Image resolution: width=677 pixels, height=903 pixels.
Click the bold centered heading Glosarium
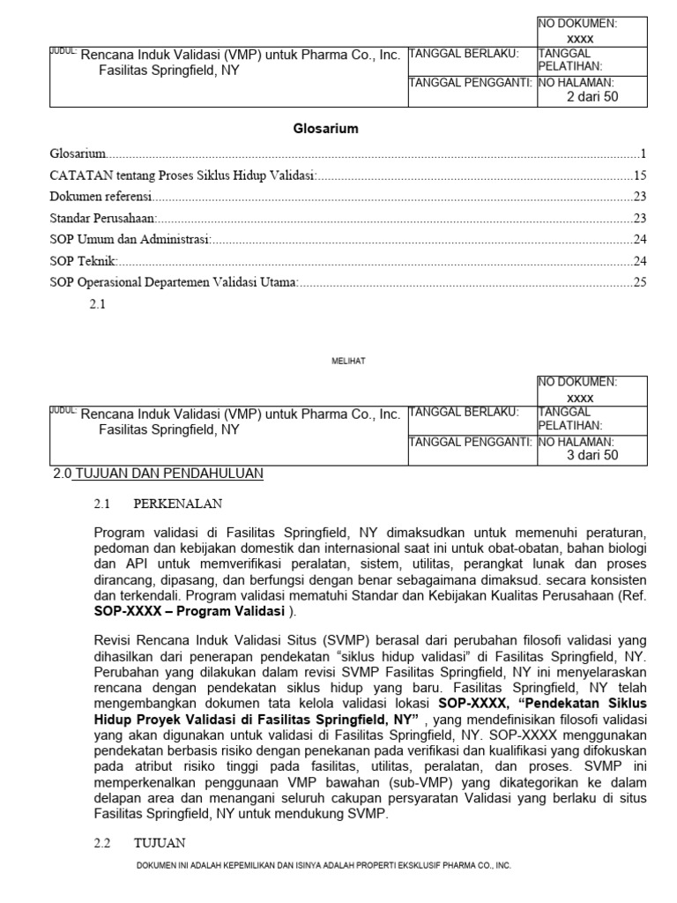pyautogui.click(x=325, y=129)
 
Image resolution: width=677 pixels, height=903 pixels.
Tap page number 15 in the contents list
pyautogui.click(x=640, y=175)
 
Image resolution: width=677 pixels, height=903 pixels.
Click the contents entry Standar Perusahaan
pyautogui.click(x=103, y=218)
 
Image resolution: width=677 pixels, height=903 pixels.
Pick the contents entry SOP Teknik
pyautogui.click(x=84, y=261)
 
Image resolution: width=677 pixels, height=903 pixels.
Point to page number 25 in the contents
pyautogui.click(x=640, y=282)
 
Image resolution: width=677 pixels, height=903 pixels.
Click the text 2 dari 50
pyautogui.click(x=591, y=97)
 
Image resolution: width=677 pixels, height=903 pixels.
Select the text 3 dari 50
pyautogui.click(x=591, y=455)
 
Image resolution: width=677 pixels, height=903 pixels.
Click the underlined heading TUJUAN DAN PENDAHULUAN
pyautogui.click(x=169, y=474)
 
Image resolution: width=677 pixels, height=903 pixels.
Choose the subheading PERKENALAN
pyautogui.click(x=178, y=504)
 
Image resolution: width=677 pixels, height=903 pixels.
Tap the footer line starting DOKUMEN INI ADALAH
pyautogui.click(x=324, y=866)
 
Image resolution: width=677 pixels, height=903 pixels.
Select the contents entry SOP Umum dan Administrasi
pyautogui.click(x=130, y=239)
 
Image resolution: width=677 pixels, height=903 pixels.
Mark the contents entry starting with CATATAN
pyautogui.click(x=183, y=175)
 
